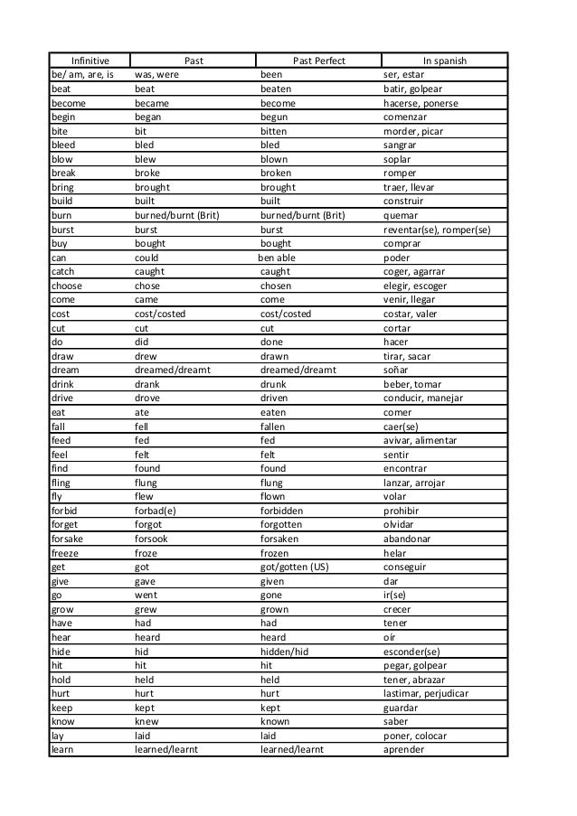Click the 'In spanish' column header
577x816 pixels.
tap(443, 61)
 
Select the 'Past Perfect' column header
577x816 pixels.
tap(318, 61)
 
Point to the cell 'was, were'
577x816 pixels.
tap(156, 75)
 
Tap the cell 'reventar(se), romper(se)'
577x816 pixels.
tap(438, 230)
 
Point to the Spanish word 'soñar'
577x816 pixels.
tap(396, 370)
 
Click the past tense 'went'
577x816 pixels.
tap(147, 596)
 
